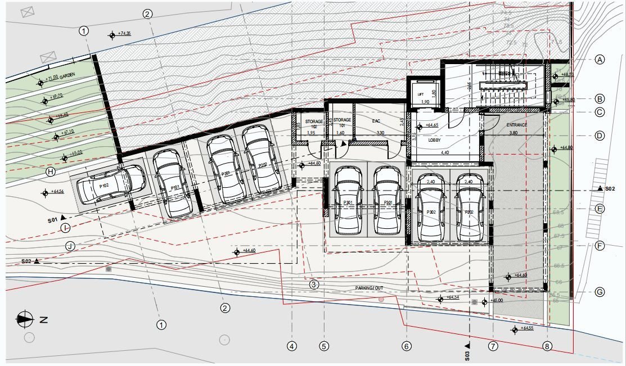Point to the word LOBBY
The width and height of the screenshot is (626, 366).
[434, 139]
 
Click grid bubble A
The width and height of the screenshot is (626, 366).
[600, 60]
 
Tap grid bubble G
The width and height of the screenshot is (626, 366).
[600, 292]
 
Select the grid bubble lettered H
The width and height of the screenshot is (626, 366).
[51, 172]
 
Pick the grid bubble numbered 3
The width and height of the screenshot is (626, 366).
[314, 284]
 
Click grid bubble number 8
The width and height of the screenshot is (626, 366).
[548, 346]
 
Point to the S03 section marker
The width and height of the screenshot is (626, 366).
[467, 352]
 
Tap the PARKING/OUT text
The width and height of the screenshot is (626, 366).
[369, 288]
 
